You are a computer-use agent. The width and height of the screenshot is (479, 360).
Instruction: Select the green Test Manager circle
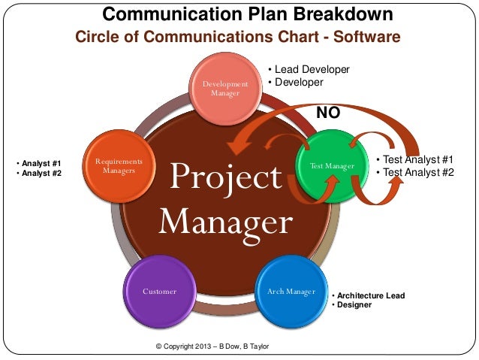click(330, 165)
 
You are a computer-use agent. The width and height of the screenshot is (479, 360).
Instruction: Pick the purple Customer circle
click(159, 291)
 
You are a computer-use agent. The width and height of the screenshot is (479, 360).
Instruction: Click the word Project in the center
click(225, 178)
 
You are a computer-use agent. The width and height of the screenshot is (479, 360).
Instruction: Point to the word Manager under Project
click(225, 222)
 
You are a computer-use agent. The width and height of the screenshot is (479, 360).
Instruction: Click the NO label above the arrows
click(327, 113)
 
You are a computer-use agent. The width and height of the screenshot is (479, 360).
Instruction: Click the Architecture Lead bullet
click(370, 295)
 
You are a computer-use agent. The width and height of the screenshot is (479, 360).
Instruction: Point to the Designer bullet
click(354, 305)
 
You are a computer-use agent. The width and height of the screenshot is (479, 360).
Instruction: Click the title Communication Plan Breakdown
click(247, 14)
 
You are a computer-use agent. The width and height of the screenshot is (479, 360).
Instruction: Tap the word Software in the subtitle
click(368, 38)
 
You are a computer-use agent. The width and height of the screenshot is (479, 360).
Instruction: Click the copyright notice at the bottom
click(212, 346)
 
